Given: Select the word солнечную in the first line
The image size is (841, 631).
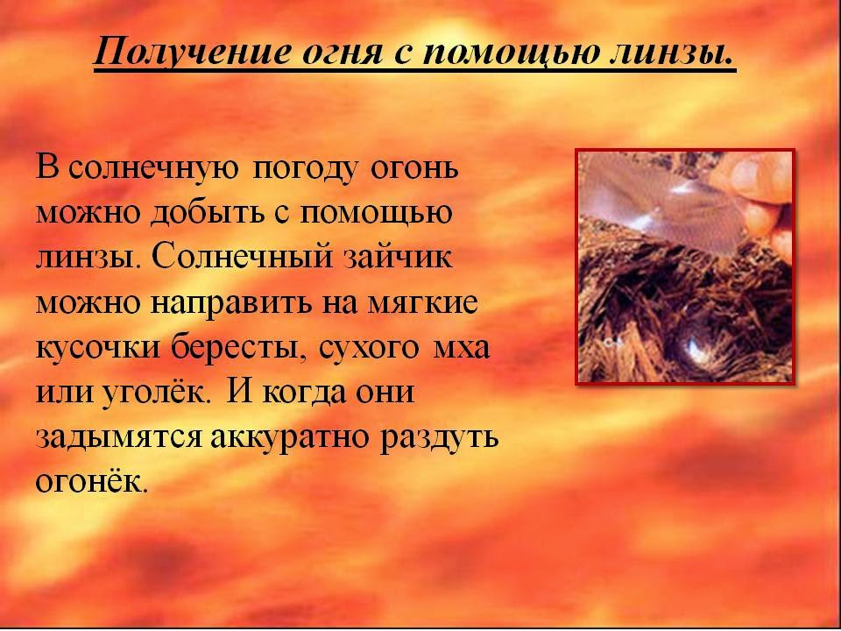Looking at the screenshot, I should tap(150, 169).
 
